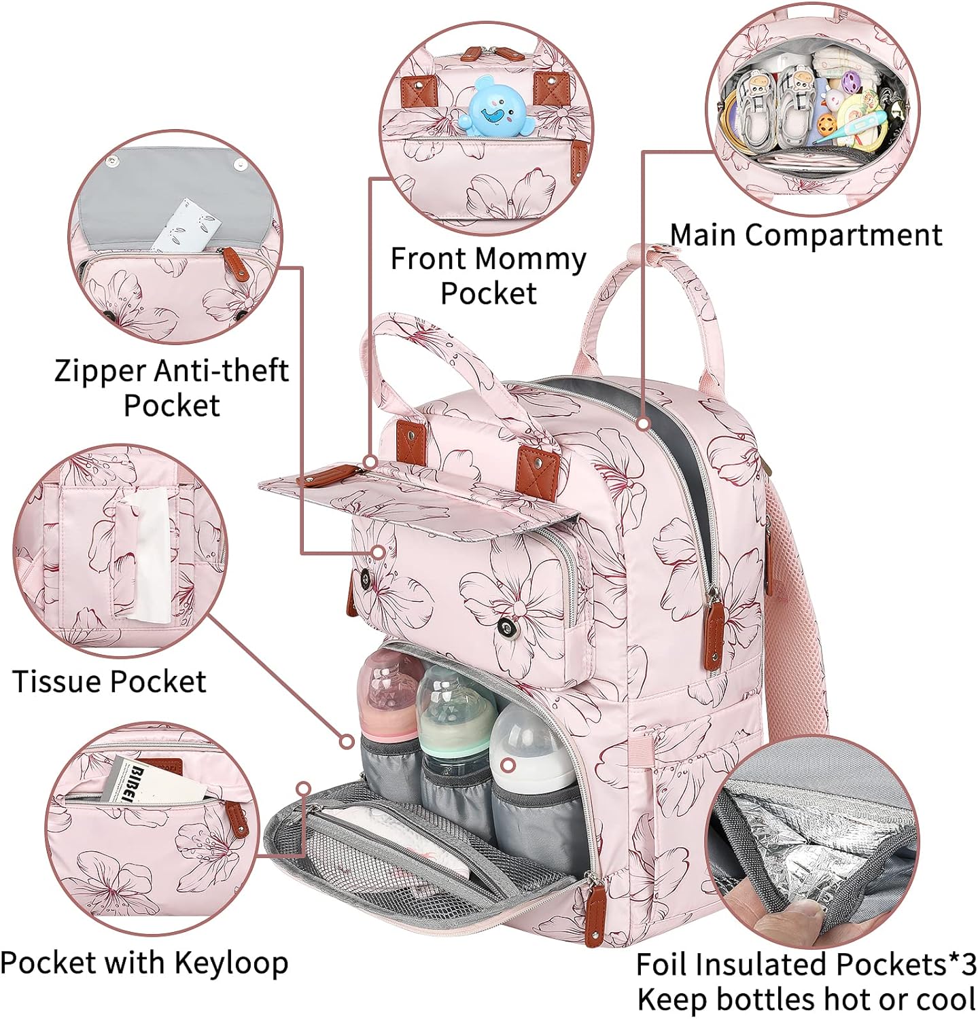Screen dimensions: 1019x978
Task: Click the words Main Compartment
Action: pos(805,235)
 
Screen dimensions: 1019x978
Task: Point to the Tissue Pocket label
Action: pos(109,681)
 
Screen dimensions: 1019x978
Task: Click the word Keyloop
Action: pos(231,963)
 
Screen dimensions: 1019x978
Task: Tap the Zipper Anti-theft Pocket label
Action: pos(171,387)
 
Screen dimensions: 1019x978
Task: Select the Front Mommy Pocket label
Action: pos(487,276)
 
